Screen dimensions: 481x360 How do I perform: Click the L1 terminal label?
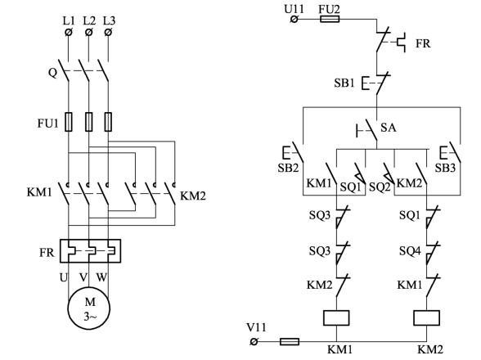tap(69, 21)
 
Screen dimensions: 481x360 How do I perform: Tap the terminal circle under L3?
tap(108, 32)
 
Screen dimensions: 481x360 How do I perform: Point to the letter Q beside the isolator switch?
tap(52, 73)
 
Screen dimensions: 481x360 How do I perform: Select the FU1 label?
tap(47, 123)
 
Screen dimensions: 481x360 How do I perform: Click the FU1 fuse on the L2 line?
tap(88, 122)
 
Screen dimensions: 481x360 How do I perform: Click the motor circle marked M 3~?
tap(89, 308)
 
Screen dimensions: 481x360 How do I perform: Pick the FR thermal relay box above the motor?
tap(90, 251)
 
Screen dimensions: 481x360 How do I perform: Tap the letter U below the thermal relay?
tap(63, 277)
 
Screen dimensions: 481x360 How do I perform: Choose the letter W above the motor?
tap(101, 277)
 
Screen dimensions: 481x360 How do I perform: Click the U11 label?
tap(294, 9)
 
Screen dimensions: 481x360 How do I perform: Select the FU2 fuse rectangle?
tap(330, 20)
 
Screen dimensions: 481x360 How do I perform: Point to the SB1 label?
tap(344, 83)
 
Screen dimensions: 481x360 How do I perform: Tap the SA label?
tap(389, 127)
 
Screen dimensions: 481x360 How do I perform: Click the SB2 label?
tap(288, 168)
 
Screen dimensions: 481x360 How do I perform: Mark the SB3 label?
tap(445, 168)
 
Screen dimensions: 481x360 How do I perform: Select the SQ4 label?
tap(410, 251)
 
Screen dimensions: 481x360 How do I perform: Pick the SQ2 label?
tap(380, 187)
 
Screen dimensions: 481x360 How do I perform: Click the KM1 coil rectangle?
tap(336, 318)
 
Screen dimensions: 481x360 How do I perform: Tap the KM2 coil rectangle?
tap(426, 318)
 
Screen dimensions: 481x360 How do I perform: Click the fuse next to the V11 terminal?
tap(290, 341)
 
